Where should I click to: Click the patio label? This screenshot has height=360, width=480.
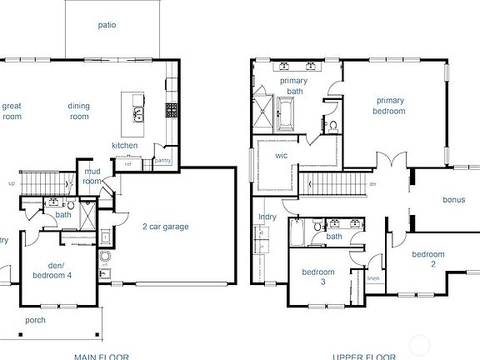pos(106,25)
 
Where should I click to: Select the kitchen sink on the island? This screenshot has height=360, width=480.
pos(139,114)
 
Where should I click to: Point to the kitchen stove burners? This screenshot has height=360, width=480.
pos(172,109)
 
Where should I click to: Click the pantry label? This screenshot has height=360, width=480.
pos(162,160)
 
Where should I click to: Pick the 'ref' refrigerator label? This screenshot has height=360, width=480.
pos(128,163)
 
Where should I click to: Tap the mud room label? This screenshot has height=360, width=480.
pos(92,176)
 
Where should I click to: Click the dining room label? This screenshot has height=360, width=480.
pos(78,112)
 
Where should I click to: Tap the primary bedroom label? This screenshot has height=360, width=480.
pos(389,106)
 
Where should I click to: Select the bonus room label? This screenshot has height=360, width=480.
pos(453,200)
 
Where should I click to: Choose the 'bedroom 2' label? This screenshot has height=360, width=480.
pos(428,259)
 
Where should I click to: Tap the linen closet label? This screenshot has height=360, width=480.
pos(373,277)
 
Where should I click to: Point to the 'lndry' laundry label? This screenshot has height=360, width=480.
pos(268,217)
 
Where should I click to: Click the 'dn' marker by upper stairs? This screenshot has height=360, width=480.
pos(373,184)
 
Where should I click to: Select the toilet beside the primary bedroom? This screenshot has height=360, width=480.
pos(332,126)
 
